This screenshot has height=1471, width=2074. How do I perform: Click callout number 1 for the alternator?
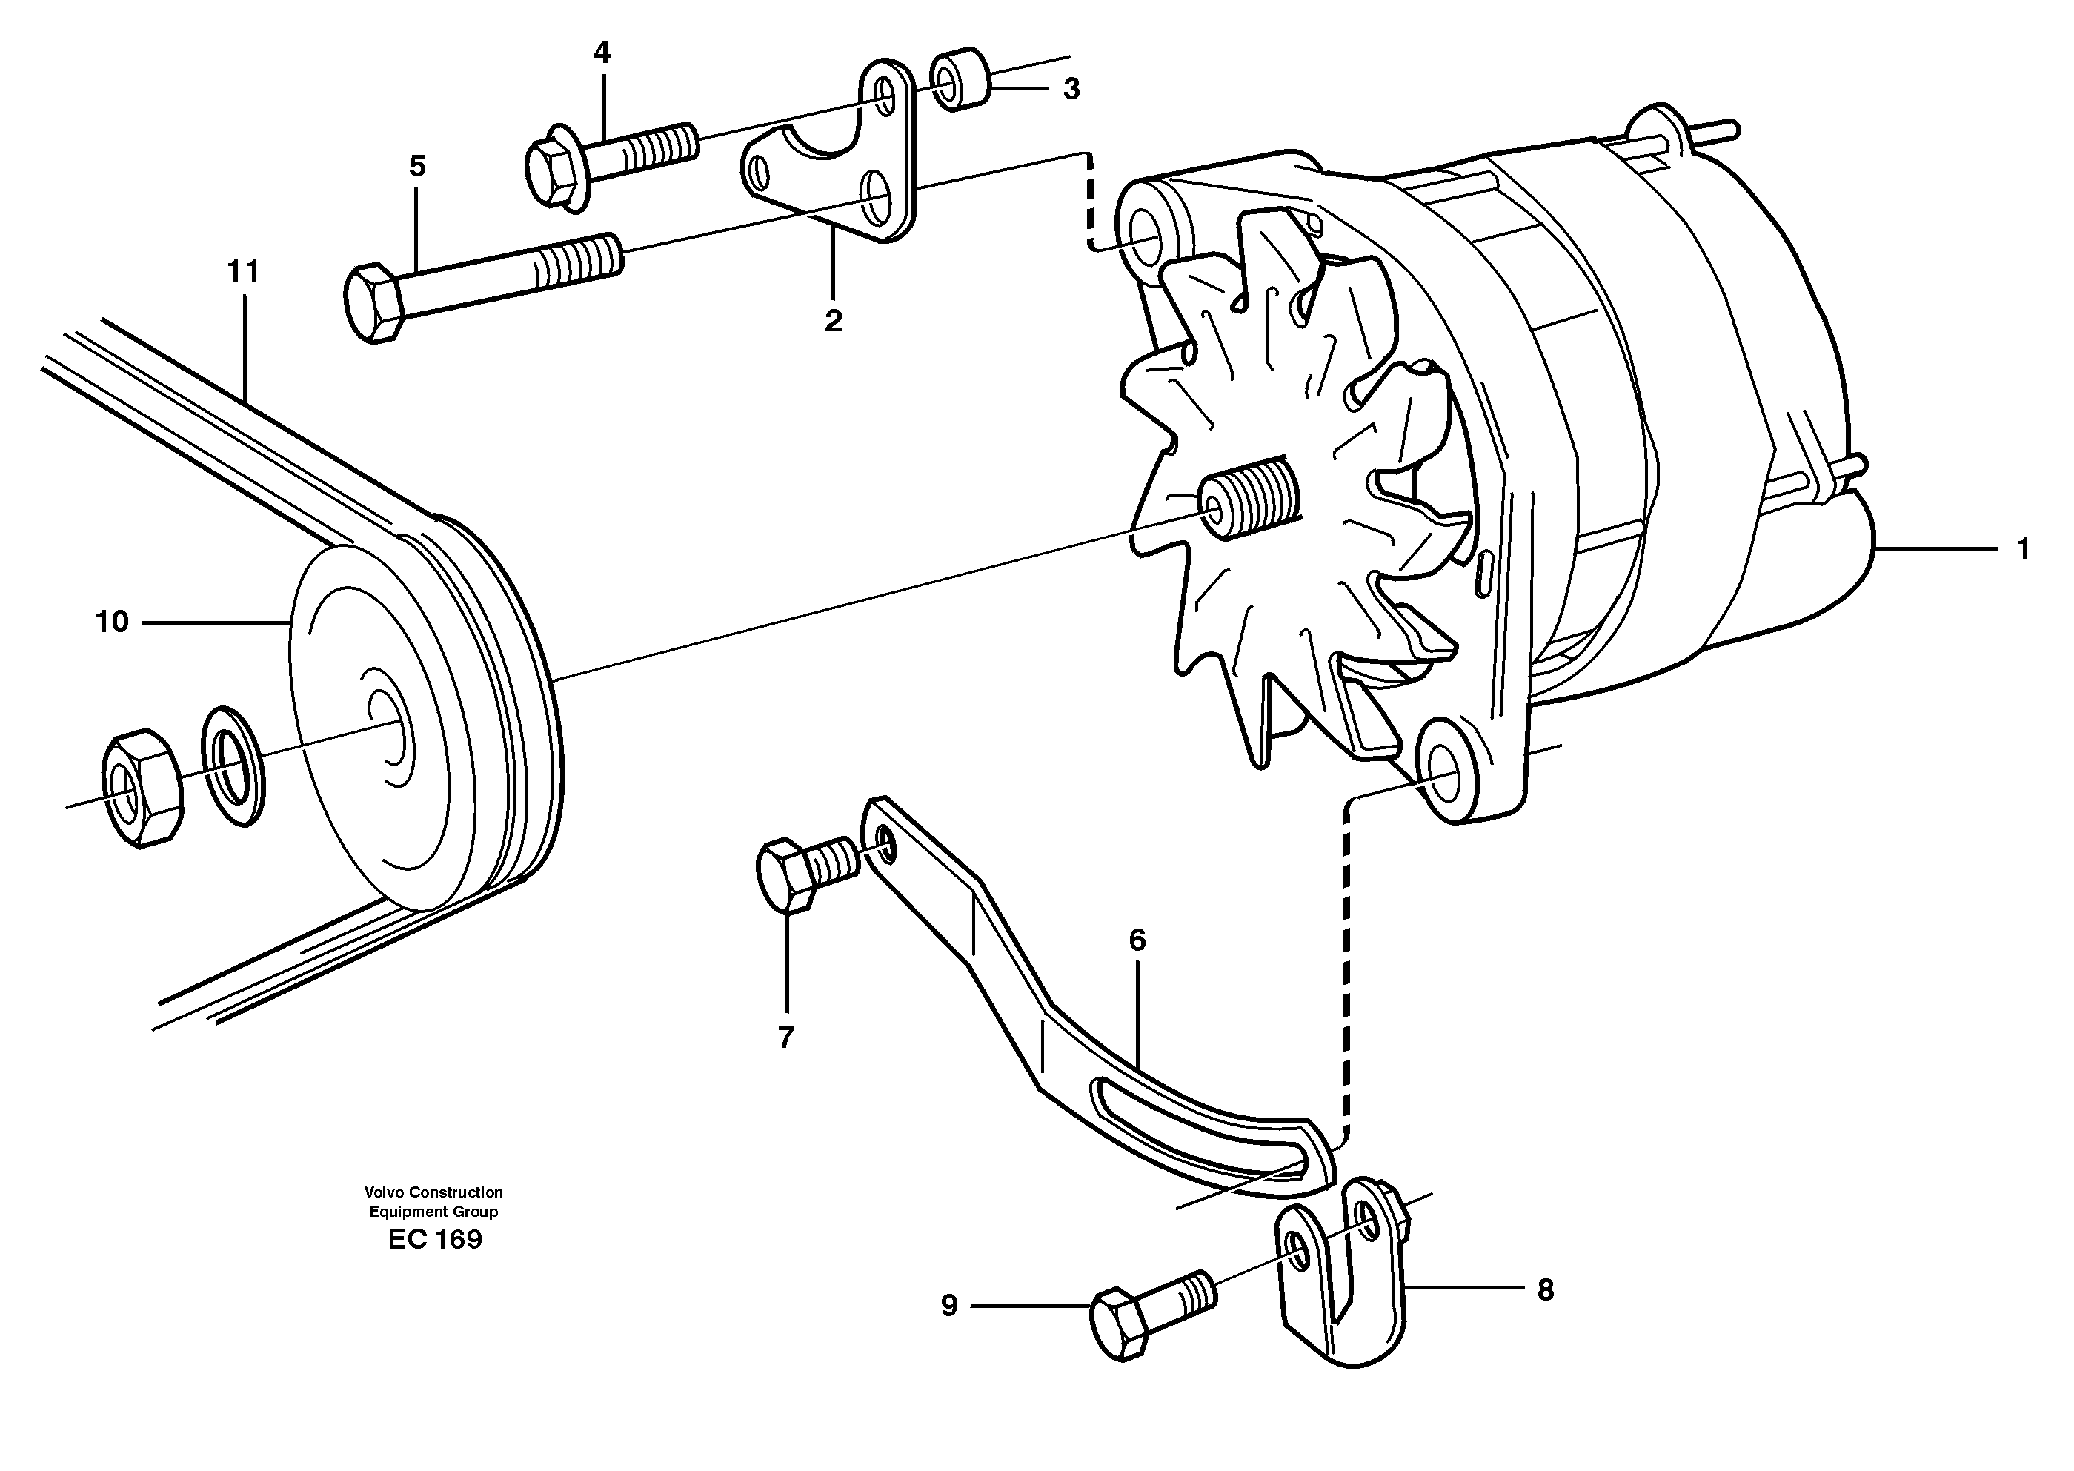coord(2022,550)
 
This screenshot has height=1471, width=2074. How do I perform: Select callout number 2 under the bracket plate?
coord(833,321)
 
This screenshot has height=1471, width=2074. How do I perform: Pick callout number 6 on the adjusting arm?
coord(1137,940)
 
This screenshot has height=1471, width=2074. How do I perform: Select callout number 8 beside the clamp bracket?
coord(1545,1290)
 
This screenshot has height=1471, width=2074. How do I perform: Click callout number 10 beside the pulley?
coord(113,621)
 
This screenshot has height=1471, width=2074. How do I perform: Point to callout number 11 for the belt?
coord(243,270)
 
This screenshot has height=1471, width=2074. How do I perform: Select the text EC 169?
coord(435,1240)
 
